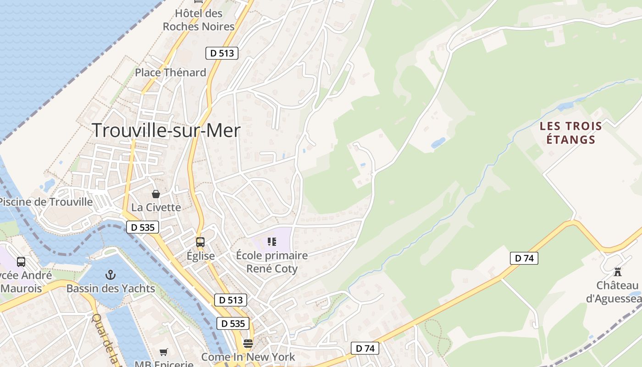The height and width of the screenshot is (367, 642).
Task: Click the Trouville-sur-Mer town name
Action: [166, 131]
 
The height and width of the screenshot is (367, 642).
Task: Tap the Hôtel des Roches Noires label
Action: [199, 20]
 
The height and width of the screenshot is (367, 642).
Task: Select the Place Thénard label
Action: [170, 72]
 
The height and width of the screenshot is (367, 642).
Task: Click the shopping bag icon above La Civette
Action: [156, 194]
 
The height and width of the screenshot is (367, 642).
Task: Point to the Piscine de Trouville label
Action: [46, 202]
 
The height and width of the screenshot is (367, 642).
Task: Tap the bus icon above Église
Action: [200, 242]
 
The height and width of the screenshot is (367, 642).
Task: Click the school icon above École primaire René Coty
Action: [272, 241]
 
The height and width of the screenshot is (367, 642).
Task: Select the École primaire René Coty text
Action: [272, 261]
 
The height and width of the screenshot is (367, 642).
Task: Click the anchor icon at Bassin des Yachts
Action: [110, 275]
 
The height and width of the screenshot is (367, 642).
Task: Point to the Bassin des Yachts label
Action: [111, 289]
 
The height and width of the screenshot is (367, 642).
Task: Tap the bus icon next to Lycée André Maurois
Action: [21, 262]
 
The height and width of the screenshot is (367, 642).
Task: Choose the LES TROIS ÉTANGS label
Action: [570, 133]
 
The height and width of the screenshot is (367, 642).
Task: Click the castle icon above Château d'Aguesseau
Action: [618, 272]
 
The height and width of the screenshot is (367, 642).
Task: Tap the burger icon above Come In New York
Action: [248, 344]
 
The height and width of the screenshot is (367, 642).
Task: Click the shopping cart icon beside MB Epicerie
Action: [163, 352]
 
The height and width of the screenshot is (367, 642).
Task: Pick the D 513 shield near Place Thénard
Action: [221, 53]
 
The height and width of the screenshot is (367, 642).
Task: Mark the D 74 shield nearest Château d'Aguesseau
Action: [524, 258]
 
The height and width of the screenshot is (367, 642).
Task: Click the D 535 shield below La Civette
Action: [143, 227]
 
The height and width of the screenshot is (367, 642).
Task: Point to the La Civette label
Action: [156, 207]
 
